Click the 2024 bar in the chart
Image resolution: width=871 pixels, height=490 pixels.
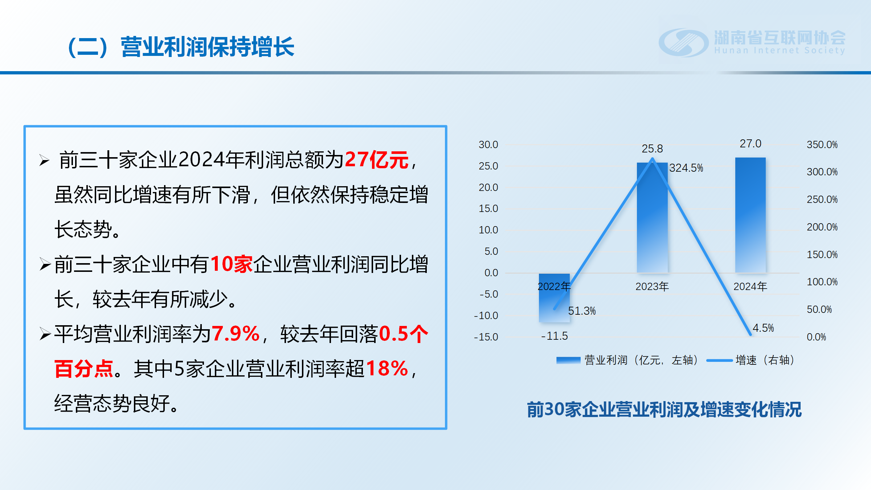click(750, 215)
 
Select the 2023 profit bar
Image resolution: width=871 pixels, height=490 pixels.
click(652, 217)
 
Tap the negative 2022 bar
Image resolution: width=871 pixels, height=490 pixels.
click(554, 298)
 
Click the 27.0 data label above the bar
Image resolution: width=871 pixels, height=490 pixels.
click(751, 144)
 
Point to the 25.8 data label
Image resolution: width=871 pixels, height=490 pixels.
click(652, 148)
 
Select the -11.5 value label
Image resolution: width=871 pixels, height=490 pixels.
click(554, 336)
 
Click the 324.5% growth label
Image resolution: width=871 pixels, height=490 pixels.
click(686, 168)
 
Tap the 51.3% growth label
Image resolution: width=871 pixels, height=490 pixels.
click(582, 311)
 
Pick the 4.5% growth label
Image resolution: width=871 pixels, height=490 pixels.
click(763, 328)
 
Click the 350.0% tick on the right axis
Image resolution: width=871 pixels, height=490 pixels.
click(822, 144)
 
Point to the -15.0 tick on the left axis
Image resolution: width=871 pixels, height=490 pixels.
click(486, 337)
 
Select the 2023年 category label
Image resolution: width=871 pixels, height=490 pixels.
click(652, 286)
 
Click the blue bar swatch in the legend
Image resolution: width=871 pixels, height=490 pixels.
click(568, 360)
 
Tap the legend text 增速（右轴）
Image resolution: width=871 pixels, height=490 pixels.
click(765, 360)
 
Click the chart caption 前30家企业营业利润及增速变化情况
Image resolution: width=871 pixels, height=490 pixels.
click(664, 409)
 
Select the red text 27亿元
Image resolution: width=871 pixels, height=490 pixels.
click(377, 160)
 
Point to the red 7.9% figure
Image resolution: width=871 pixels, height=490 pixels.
click(236, 334)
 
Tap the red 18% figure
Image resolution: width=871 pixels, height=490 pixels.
click(387, 368)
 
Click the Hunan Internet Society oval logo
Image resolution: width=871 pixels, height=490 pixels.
click(684, 42)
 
